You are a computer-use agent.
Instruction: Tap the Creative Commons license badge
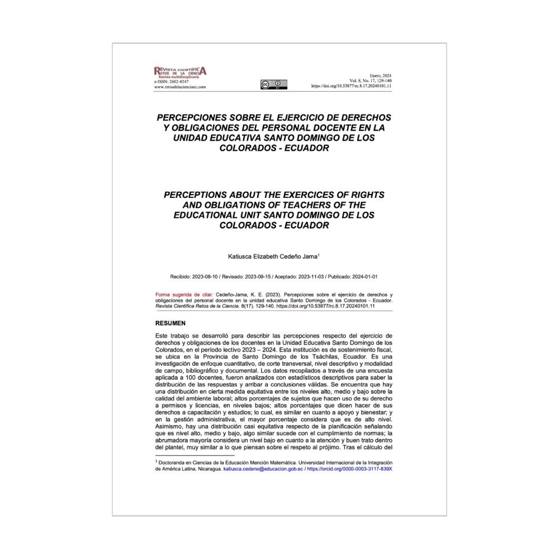[x=273, y=84]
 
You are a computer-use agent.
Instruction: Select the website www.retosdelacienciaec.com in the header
[x=181, y=87]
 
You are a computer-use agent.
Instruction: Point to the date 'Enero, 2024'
[x=381, y=75]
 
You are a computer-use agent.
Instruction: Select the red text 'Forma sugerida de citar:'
[x=184, y=294]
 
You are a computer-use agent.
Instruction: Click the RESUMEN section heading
[x=170, y=323]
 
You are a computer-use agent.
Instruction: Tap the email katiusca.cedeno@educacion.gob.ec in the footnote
[x=263, y=469]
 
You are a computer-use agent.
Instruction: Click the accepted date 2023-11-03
[x=310, y=277]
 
